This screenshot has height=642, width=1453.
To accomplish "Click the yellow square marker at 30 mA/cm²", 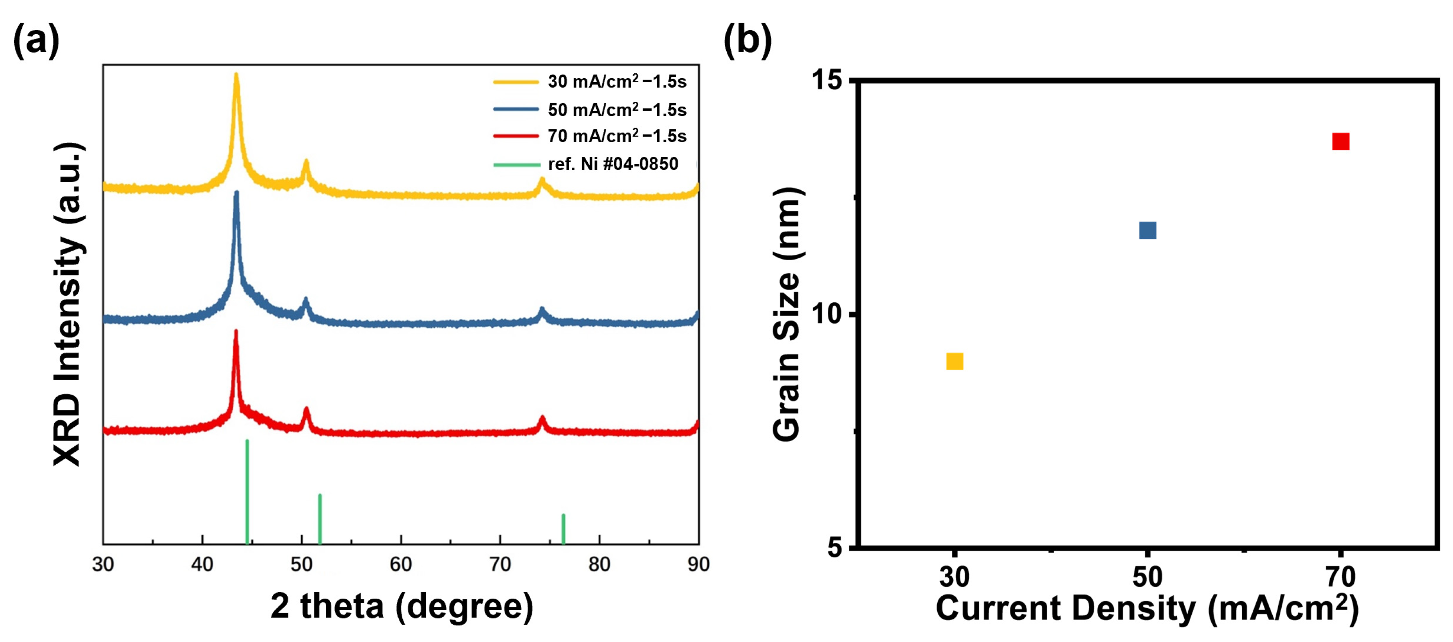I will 955,361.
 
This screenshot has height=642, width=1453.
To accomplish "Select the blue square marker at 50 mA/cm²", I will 1147,230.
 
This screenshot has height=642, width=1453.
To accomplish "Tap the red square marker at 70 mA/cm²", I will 1341,141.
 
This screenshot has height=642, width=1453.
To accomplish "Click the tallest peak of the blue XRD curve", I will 236,193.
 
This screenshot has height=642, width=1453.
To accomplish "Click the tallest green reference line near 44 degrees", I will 247,490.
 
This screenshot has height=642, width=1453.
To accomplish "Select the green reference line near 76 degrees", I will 563,528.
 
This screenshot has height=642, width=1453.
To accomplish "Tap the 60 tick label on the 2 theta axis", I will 401,564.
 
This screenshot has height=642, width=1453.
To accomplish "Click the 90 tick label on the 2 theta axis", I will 698,564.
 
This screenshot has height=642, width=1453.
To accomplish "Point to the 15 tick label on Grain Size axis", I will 827,80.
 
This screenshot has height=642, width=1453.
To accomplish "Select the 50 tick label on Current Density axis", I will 1147,577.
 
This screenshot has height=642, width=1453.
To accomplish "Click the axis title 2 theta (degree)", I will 401,607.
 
